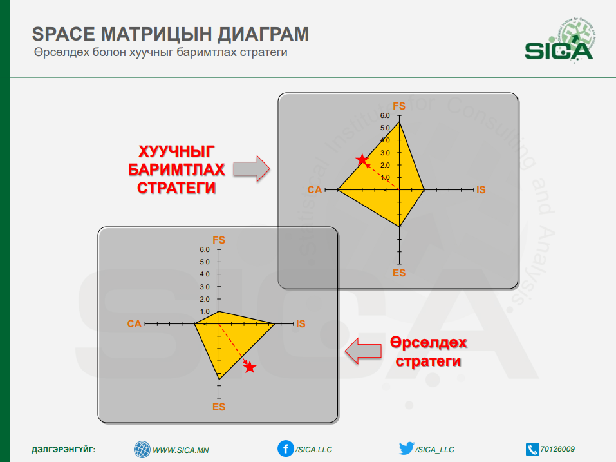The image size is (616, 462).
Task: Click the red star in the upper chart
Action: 362,160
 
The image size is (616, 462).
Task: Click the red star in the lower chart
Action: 250,367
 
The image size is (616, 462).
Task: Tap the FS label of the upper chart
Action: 399,106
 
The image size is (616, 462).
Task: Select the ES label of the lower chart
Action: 219,407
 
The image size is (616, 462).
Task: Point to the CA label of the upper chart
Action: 315,190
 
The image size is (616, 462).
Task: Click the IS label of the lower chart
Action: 301,323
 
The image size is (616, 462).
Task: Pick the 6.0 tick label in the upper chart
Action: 385,115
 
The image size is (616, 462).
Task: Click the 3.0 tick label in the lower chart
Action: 205,287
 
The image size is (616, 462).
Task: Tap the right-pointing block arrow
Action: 252,169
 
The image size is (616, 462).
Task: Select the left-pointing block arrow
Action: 363,351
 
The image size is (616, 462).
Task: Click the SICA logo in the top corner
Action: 559,41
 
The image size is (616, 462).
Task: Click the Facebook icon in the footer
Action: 286,448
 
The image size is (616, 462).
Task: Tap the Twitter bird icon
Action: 406,448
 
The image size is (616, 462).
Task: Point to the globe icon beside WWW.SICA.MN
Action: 142,449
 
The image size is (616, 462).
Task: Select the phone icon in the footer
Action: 532,449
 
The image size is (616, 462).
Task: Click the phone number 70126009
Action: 557,449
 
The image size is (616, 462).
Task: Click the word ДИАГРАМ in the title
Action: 263,34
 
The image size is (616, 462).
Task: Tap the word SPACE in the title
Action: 64,34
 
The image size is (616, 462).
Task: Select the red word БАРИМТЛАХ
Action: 176,169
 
